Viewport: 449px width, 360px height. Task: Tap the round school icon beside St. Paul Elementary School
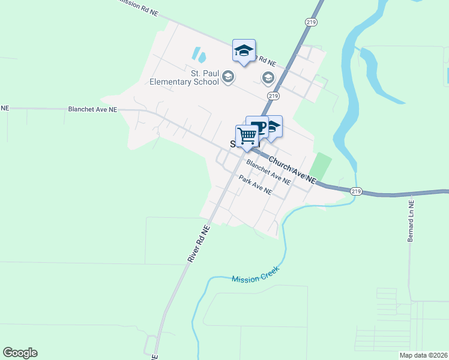(x=228, y=77)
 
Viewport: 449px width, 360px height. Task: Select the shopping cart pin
(x=247, y=136)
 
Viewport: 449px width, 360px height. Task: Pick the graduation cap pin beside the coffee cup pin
(x=272, y=127)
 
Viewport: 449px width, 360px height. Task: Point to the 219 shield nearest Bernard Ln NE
(x=357, y=191)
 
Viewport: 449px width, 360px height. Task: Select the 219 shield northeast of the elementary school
(x=274, y=96)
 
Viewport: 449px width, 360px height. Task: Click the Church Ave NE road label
(x=292, y=170)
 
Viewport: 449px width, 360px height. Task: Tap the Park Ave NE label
(x=255, y=186)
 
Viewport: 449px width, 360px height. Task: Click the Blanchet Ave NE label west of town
(x=92, y=110)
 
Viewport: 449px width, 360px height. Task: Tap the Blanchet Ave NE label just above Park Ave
(x=268, y=171)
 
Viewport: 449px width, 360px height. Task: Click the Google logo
(x=20, y=353)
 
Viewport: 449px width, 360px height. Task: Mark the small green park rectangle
(x=321, y=166)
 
